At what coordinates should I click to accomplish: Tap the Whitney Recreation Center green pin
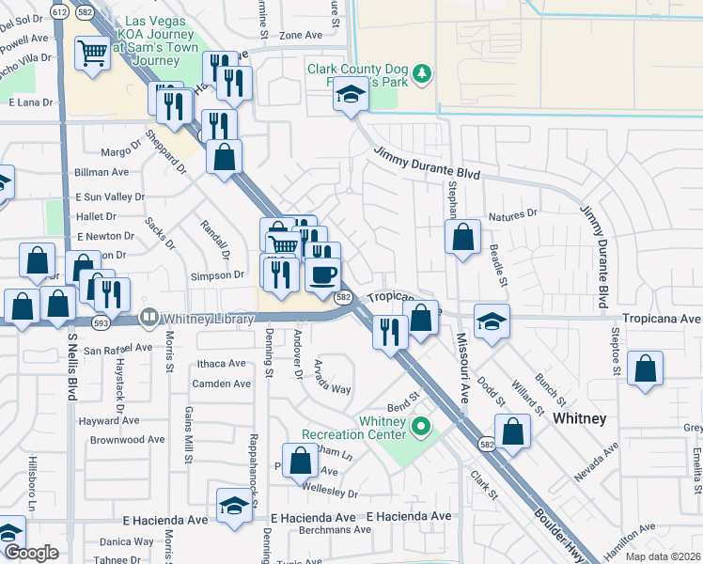pos(422,430)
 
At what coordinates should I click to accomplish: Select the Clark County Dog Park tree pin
pos(423,72)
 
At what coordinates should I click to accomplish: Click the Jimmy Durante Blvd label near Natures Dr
pos(427,163)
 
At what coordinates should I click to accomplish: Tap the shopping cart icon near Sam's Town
pos(93,55)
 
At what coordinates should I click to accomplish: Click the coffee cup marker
pos(322,274)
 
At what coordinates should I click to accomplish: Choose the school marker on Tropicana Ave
pos(492,322)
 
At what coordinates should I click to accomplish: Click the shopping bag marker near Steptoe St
pos(645,369)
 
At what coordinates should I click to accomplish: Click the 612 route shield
pos(60,10)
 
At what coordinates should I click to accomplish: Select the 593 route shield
pos(99,321)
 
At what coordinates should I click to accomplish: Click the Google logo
pos(30,554)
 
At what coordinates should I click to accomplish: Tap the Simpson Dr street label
pos(217,275)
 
